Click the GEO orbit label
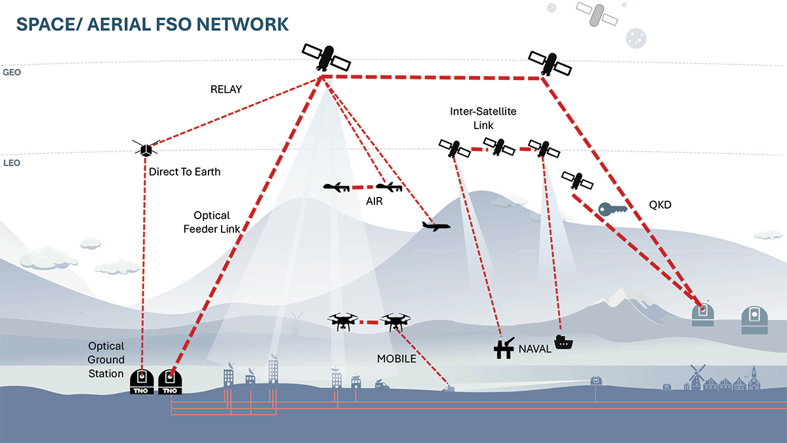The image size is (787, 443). tap(12, 73)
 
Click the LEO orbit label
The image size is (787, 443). tap(12, 163)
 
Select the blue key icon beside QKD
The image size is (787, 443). tap(614, 209)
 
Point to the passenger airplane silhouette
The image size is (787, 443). tap(436, 226)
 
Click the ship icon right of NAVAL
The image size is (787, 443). tap(564, 342)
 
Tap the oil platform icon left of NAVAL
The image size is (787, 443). tap(503, 348)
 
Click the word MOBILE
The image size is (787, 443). tap(396, 359)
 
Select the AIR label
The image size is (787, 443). tap(374, 201)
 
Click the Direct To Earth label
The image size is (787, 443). tap(185, 172)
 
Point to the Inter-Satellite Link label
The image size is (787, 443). tap(483, 118)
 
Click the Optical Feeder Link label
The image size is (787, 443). tap(212, 222)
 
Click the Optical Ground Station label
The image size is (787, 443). tap(106, 360)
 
